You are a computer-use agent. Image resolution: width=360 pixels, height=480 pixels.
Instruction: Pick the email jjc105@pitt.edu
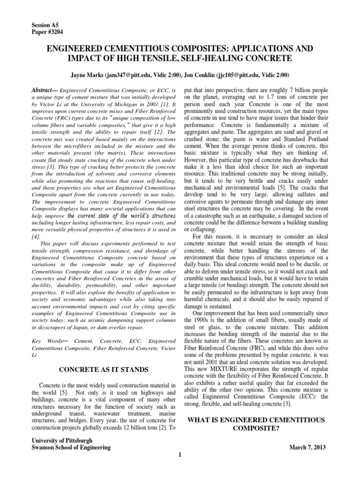[x=235, y=75]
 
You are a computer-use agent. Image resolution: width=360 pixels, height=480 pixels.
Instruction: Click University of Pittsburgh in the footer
[x=61, y=441]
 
